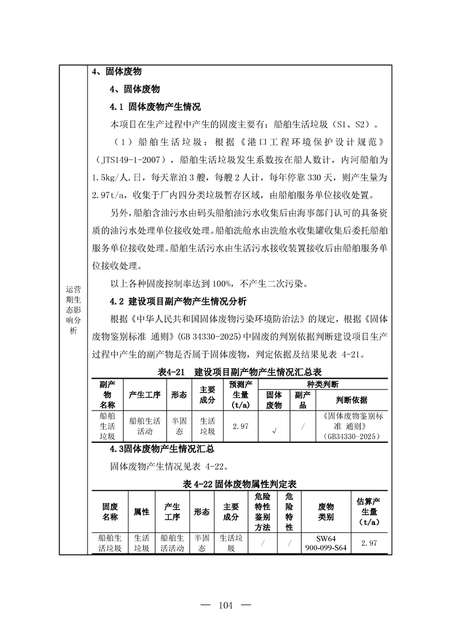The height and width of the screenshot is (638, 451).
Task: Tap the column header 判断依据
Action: point(351,400)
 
